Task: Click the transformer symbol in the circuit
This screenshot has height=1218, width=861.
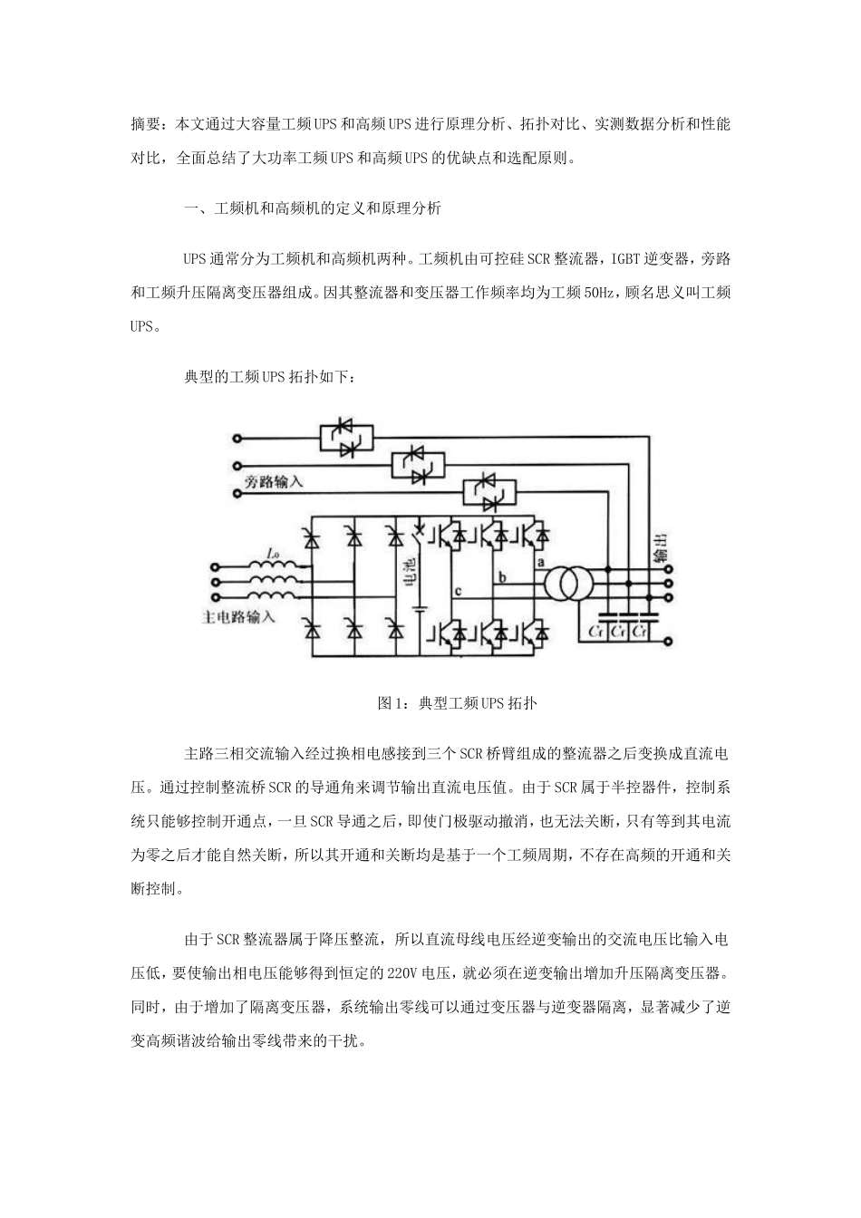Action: click(x=562, y=585)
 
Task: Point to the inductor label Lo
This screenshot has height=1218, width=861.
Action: click(x=273, y=553)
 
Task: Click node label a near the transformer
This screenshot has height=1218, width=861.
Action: click(x=542, y=563)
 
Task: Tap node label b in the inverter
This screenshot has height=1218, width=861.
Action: click(x=501, y=576)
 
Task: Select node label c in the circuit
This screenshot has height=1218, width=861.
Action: click(x=458, y=593)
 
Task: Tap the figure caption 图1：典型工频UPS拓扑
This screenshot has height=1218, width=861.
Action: click(x=458, y=702)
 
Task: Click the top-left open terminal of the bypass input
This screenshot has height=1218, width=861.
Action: click(x=239, y=438)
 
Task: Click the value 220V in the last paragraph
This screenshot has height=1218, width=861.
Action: click(x=401, y=974)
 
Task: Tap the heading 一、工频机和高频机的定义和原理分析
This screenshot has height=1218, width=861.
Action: click(x=313, y=208)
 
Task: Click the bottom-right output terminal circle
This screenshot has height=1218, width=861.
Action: click(x=669, y=641)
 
